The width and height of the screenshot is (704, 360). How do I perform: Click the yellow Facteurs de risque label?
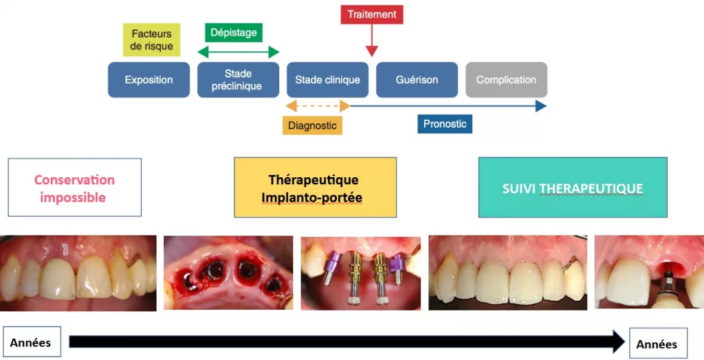point(152,40)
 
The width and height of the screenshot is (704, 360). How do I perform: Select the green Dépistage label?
point(234,32)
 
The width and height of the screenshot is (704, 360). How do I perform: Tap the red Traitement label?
point(372,14)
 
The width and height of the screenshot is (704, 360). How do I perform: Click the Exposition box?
point(148,80)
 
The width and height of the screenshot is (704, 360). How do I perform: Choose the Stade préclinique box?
point(238,80)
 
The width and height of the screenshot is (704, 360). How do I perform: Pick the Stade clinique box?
point(327,80)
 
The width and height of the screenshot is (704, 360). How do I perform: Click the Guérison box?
point(417,80)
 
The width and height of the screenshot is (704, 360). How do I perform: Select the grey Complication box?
point(506,80)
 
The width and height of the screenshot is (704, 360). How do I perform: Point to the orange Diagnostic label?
point(312,125)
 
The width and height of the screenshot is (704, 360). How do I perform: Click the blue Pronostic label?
point(445,124)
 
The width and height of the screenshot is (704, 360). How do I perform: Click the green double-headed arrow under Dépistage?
point(238,52)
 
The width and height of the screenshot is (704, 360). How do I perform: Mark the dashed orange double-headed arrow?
point(317,106)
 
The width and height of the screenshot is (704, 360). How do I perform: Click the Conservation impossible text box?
point(74,188)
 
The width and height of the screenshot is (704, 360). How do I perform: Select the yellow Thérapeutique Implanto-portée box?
point(315,188)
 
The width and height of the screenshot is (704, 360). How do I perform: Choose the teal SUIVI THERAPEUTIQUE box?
point(572,188)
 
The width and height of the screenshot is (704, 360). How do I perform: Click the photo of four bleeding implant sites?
point(227,273)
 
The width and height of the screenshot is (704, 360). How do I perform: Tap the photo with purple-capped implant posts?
point(360,273)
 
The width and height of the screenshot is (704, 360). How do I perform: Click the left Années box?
point(30,342)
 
